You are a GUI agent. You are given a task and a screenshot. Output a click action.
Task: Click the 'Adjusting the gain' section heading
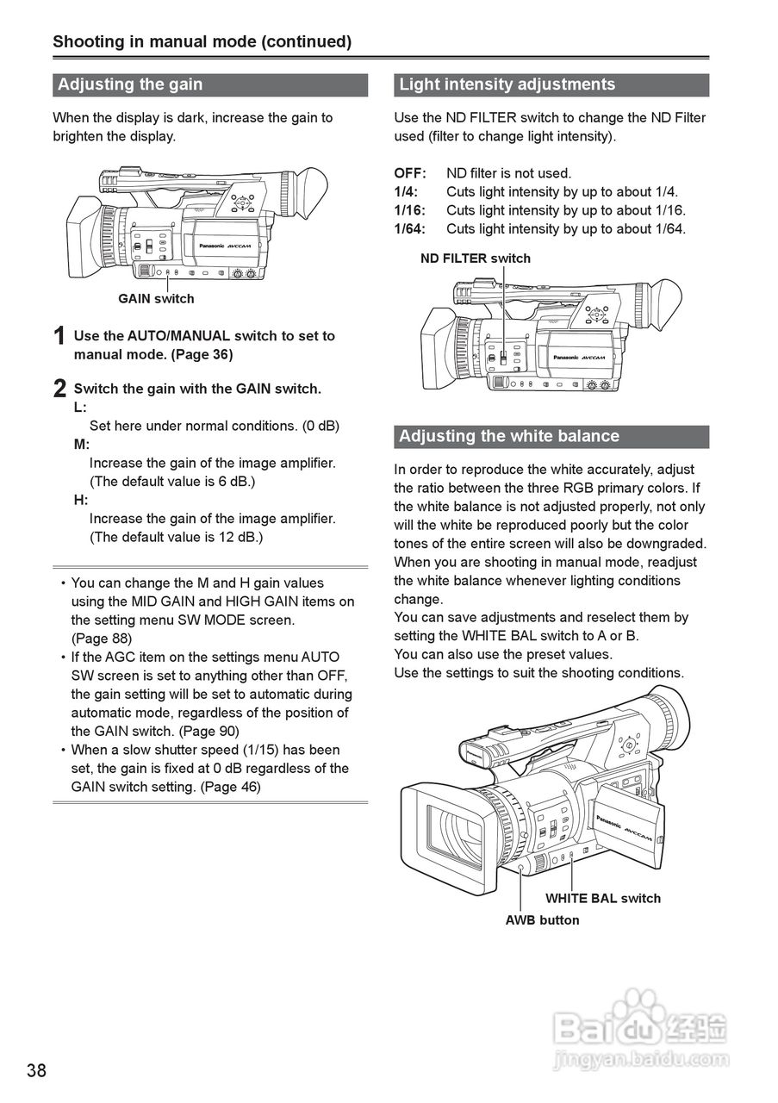pyautogui.click(x=130, y=84)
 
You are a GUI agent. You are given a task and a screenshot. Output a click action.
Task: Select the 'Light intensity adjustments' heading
pyautogui.click(x=507, y=84)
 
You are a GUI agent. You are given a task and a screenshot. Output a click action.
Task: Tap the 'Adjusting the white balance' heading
pyautogui.click(x=508, y=436)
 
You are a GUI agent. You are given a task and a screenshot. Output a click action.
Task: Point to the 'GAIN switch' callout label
pyautogui.click(x=156, y=299)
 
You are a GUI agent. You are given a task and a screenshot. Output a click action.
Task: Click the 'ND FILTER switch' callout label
pyautogui.click(x=476, y=259)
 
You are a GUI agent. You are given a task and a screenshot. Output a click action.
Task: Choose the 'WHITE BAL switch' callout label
pyautogui.click(x=603, y=898)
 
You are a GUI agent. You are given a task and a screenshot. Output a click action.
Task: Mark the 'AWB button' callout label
pyautogui.click(x=542, y=920)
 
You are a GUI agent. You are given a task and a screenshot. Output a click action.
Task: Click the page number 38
pyautogui.click(x=36, y=1071)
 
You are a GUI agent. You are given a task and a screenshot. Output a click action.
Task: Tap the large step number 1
pyautogui.click(x=59, y=337)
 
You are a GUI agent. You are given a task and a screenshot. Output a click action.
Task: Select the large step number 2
pyautogui.click(x=59, y=389)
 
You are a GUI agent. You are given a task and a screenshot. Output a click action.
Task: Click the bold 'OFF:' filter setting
pyautogui.click(x=410, y=173)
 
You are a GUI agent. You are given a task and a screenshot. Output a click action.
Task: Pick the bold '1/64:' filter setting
pyautogui.click(x=410, y=229)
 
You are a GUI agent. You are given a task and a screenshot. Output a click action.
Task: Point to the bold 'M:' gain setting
pyautogui.click(x=82, y=445)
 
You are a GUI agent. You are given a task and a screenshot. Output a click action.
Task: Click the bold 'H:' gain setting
pyautogui.click(x=81, y=500)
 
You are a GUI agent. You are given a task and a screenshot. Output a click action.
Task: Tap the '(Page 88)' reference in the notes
pyautogui.click(x=102, y=639)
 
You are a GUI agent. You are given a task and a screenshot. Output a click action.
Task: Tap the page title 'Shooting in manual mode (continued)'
pyautogui.click(x=202, y=41)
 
